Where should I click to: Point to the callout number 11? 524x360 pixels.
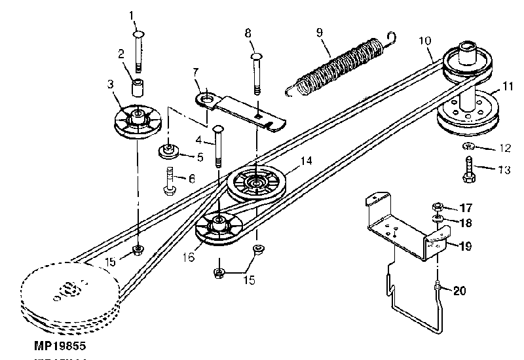pos(509,86)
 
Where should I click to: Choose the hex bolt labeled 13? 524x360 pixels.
pos(470,166)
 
